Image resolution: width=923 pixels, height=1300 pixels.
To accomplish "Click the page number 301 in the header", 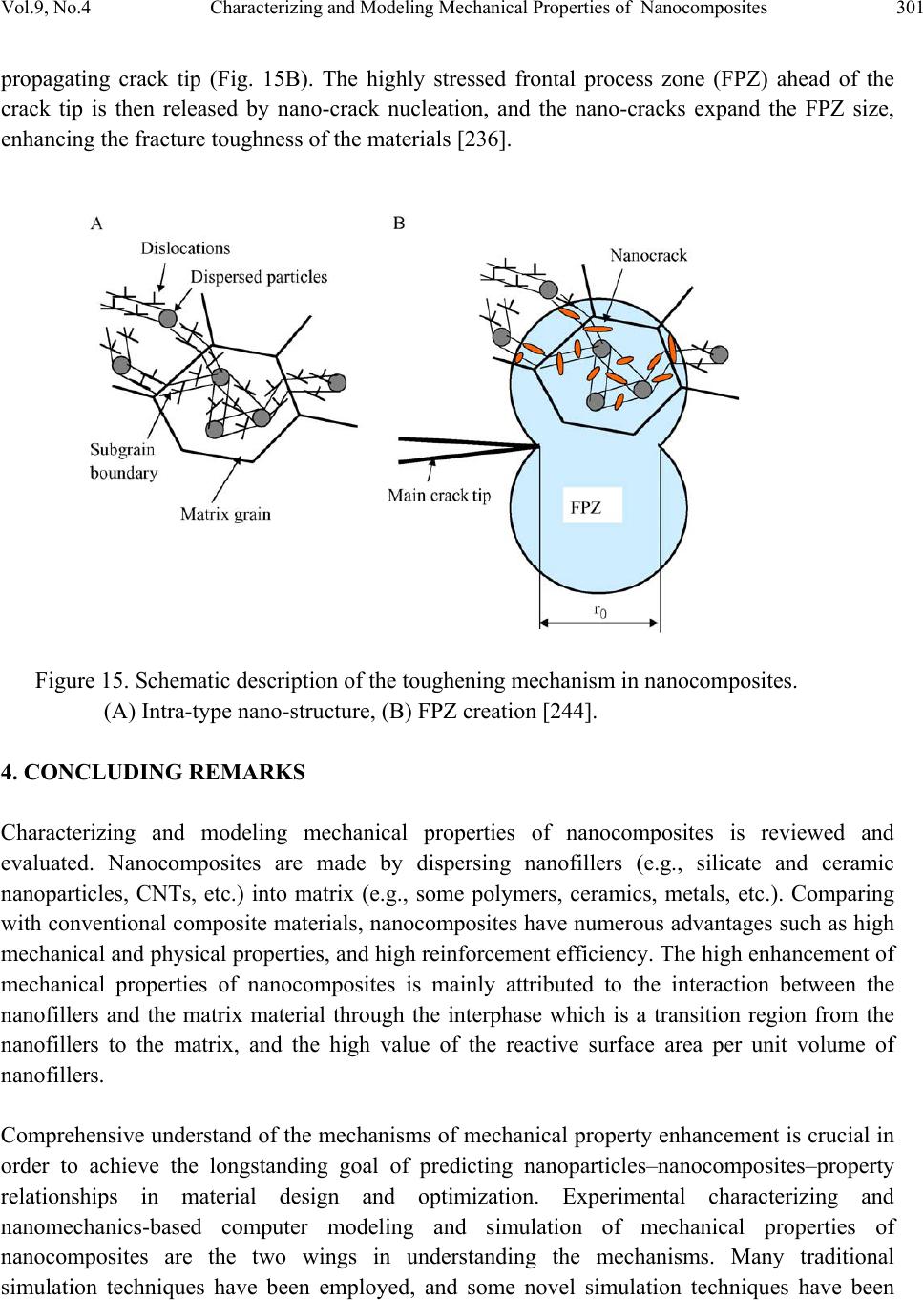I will (x=909, y=10).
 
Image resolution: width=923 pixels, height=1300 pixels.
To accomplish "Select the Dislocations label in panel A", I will (x=185, y=248).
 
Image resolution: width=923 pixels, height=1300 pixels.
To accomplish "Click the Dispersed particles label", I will (x=259, y=277).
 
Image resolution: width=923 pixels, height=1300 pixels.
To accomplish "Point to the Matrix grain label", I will (x=225, y=514).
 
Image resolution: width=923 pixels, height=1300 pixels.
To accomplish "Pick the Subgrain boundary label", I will (x=123, y=460).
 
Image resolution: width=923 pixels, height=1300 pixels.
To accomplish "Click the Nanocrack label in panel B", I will (x=648, y=255).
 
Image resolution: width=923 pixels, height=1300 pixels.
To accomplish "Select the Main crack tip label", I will (x=439, y=496).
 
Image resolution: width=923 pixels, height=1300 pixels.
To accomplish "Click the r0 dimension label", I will (x=599, y=610).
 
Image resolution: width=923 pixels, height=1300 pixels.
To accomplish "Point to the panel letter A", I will (x=96, y=224).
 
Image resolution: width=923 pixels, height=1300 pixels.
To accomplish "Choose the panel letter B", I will (x=399, y=224).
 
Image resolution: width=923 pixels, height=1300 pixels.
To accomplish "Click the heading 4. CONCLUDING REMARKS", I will (x=154, y=773).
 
